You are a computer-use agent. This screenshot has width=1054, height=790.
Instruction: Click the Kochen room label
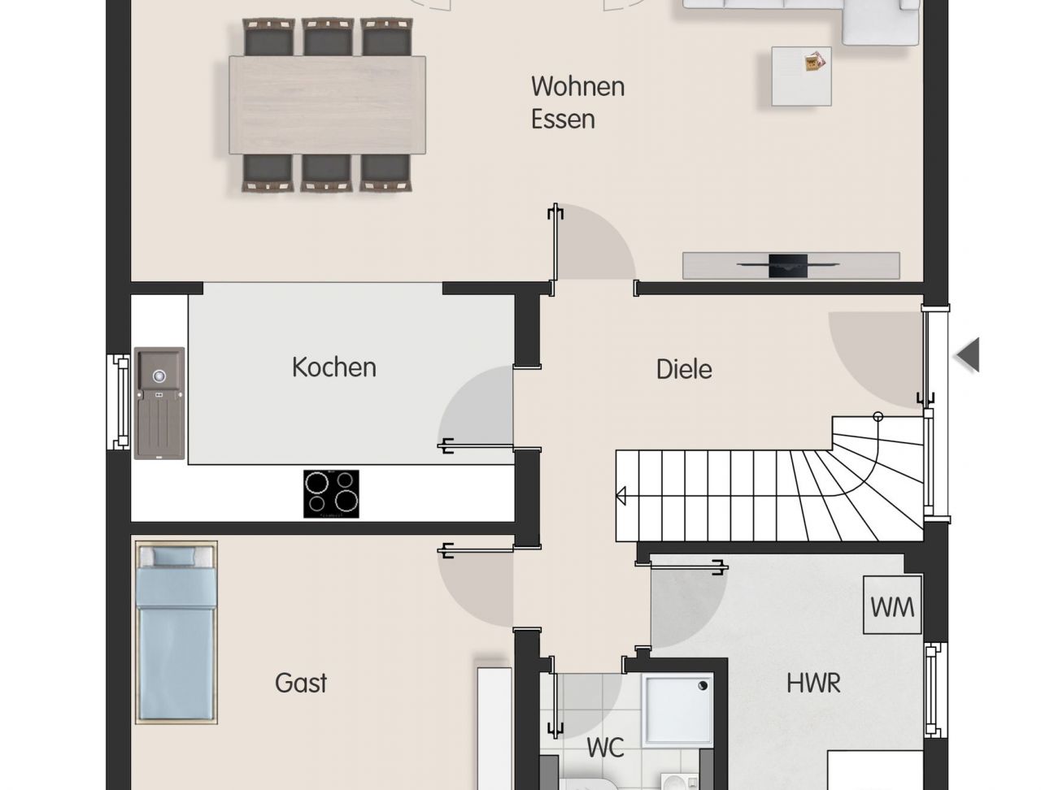334,367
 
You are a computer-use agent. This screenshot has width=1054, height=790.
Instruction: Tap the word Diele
684,369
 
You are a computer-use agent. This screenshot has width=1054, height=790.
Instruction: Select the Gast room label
301,683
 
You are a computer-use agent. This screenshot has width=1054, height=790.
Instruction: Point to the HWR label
813,683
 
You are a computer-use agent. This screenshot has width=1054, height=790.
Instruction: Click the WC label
606,747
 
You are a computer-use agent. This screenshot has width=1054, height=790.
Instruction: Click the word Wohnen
577,87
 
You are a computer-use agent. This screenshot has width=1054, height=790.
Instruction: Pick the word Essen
563,119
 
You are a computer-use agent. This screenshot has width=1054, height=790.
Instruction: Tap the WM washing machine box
892,605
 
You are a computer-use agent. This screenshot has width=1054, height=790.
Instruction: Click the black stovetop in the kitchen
331,494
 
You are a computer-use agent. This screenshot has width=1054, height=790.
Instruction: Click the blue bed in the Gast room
176,632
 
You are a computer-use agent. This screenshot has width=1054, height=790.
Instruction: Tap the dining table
328,105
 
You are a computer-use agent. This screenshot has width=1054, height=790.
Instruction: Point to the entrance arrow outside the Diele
968,355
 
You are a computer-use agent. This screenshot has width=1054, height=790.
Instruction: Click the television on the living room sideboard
788,265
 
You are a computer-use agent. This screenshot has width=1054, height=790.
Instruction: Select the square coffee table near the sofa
801,76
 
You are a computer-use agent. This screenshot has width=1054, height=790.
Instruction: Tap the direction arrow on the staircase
621,496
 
